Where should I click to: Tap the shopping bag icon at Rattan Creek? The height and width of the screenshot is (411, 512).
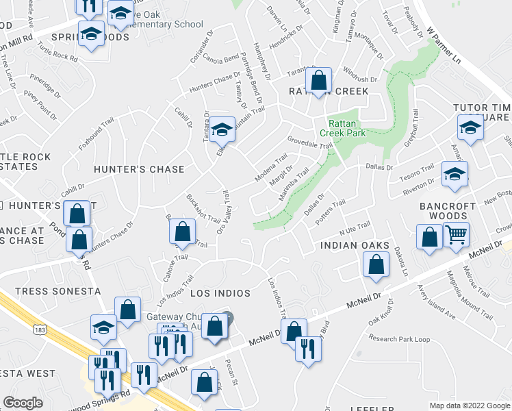coord(319,81)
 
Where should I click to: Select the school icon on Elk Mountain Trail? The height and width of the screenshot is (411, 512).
coord(222,128)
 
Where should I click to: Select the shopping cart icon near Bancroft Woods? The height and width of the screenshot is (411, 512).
coord(456,236)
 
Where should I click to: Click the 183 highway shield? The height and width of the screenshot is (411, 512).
coord(42,331)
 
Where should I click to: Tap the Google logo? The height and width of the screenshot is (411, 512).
coord(23,403)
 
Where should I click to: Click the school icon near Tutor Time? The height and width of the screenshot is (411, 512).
coord(470,128)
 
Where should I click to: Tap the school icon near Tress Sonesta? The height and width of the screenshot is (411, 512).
coord(103,327)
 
